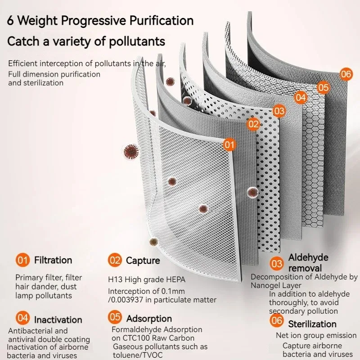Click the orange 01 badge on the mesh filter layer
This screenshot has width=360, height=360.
pyautogui.click(x=229, y=144)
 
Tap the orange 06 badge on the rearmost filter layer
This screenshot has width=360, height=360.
pyautogui.click(x=346, y=74)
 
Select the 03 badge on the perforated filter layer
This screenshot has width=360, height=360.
pyautogui.click(x=279, y=111)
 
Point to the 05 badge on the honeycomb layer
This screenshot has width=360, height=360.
pyautogui.click(x=323, y=87)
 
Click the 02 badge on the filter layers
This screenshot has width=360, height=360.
pyautogui.click(x=253, y=124)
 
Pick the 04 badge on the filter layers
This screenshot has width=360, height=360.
pyautogui.click(x=301, y=98)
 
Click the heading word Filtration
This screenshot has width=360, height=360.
pyautogui.click(x=53, y=260)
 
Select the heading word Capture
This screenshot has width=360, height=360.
pyautogui.click(x=143, y=261)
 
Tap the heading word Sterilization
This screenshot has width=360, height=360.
pyautogui.click(x=312, y=324)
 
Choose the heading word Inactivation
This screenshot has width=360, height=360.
pyautogui.click(x=58, y=320)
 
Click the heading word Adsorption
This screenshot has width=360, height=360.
pyautogui.click(x=149, y=319)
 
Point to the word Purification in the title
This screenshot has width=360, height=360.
pyautogui.click(x=162, y=20)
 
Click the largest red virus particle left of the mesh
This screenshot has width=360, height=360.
pyautogui.click(x=131, y=152)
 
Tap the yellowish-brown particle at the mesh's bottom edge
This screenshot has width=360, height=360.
pyautogui.click(x=153, y=242)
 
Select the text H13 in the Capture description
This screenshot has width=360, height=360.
pyautogui.click(x=115, y=279)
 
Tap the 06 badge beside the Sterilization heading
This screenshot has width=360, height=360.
pyautogui.click(x=277, y=320)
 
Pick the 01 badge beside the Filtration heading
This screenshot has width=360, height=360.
pyautogui.click(x=23, y=260)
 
